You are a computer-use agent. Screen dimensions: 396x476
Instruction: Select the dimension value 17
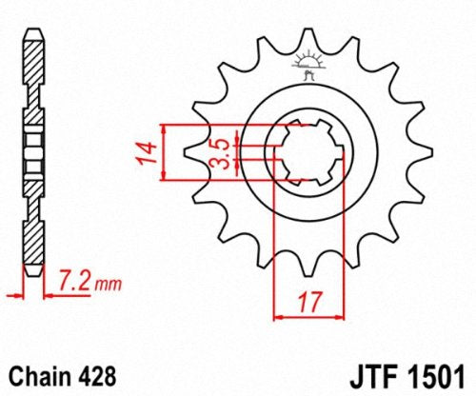[306, 304]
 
